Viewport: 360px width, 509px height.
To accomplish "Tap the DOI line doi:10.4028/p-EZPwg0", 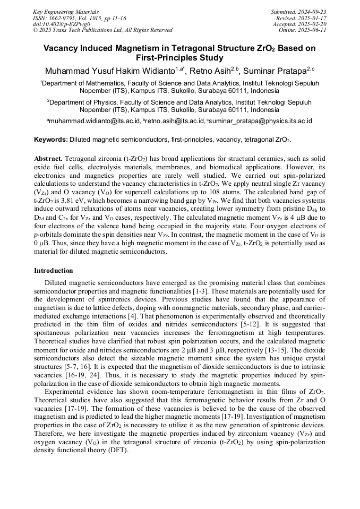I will pyautogui.click(x=62, y=24).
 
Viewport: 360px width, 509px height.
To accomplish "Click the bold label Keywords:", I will pyautogui.click(x=50, y=140).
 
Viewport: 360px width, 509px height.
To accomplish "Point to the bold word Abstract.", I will pyautogui.click(x=48, y=159).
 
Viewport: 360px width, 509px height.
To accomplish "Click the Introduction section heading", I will pyautogui.click(x=54, y=271).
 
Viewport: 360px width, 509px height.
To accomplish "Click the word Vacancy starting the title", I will pyautogui.click(x=63, y=48).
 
